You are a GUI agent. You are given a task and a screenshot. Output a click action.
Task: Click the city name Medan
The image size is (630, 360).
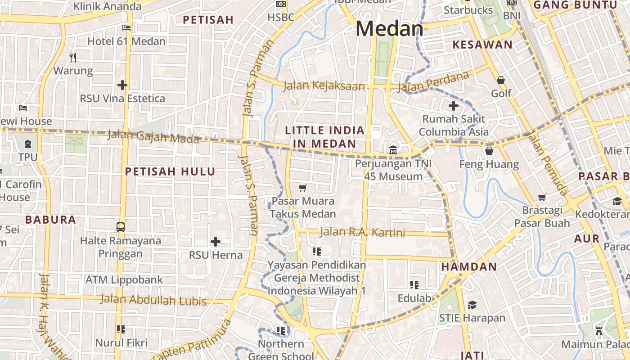pos(389,29)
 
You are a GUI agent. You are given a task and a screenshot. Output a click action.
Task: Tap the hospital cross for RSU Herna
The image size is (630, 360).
pos(216,242)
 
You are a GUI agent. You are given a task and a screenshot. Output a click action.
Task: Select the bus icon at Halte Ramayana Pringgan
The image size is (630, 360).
pos(121,227)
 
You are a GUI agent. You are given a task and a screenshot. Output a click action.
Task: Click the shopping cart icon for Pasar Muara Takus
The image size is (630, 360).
pos(303,188)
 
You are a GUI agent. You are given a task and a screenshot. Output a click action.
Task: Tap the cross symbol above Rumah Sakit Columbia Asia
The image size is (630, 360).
pos(454,106)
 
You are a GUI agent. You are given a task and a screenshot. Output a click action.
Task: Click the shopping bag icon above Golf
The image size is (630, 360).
pos(501,80)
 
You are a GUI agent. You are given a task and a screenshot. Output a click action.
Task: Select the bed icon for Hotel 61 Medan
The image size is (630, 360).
pos(126,28)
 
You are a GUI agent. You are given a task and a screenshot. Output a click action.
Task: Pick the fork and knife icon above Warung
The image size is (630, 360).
pos(73,57)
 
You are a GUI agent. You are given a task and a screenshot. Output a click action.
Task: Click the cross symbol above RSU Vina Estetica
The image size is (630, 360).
pos(122,85)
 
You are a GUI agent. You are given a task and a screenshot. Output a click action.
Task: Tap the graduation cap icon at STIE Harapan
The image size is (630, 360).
pos(472,305)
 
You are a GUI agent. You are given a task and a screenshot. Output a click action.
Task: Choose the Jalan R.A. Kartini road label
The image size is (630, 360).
pos(362,232)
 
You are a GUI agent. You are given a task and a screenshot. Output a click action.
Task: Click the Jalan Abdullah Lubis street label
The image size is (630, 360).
pos(153,300)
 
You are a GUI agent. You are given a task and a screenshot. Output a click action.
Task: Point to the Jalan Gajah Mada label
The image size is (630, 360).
pos(153,136)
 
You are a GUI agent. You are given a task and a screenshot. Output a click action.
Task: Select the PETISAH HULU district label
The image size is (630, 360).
pos(170,171)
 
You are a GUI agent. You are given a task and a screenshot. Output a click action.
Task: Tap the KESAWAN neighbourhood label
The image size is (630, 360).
pos(482,45)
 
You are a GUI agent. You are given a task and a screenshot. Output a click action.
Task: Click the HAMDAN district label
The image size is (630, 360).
pos(469,266)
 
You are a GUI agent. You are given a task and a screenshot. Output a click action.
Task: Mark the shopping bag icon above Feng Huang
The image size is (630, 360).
pos(489,151)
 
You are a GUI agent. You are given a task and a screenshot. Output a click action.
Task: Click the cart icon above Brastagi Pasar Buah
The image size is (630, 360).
pos(542,197)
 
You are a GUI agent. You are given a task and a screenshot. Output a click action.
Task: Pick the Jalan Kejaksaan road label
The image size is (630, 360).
pos(324,85)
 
